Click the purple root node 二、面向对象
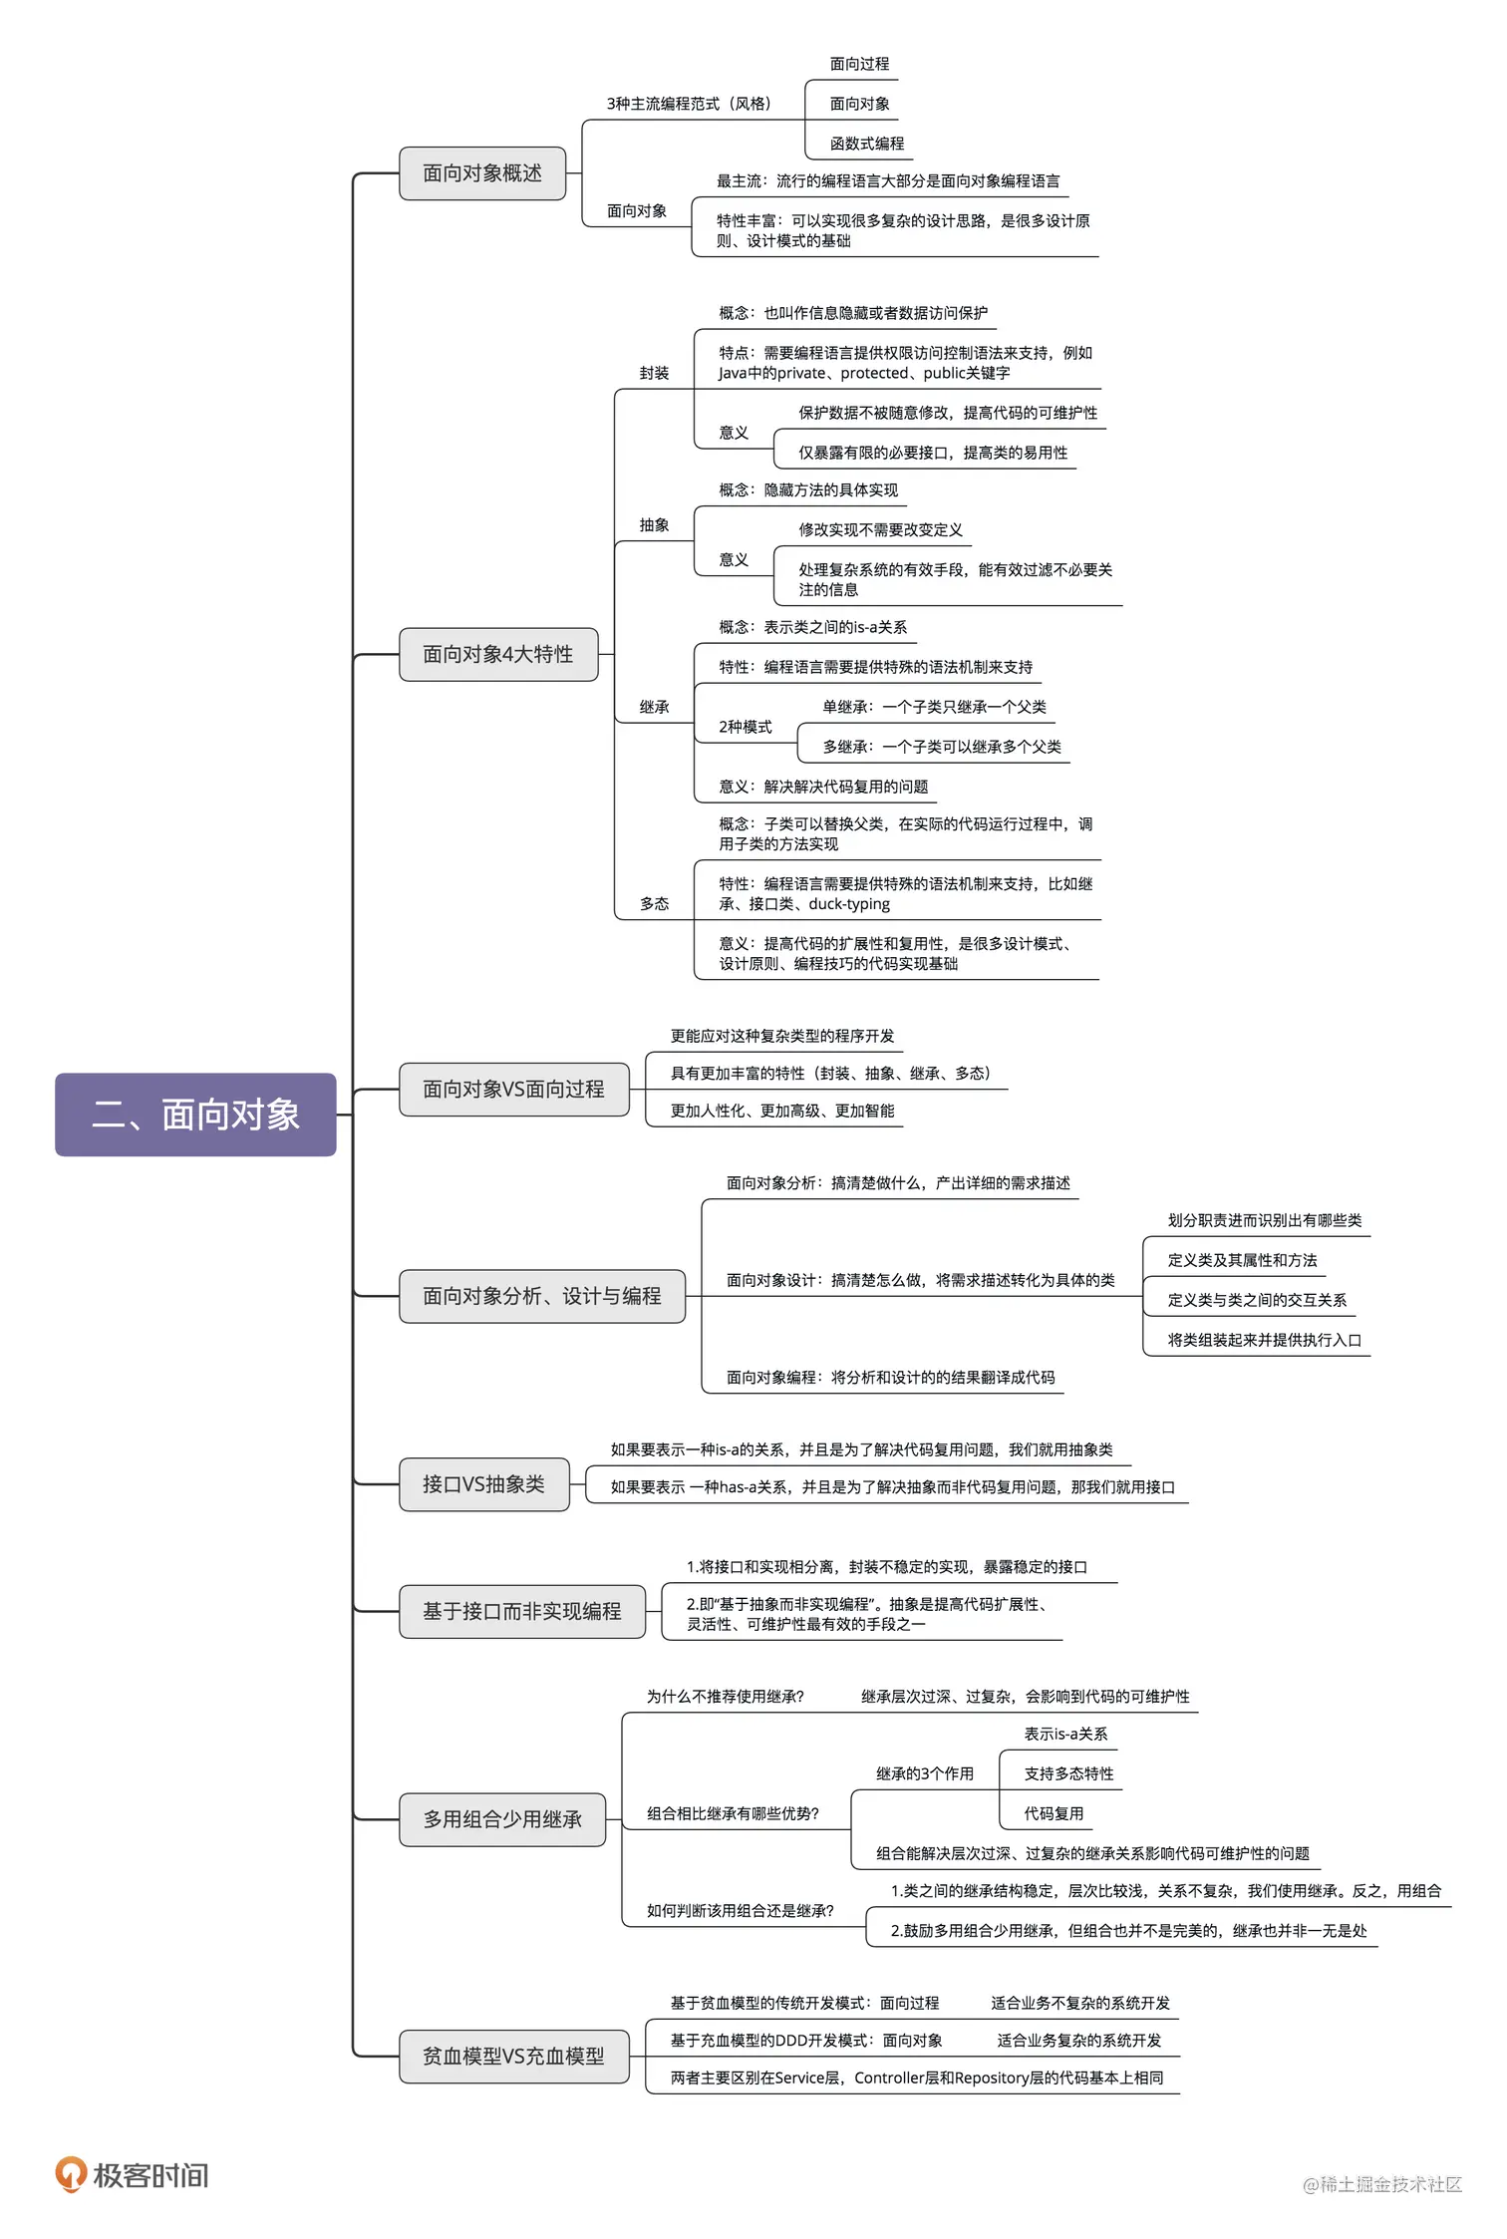click(x=195, y=1115)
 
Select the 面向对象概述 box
click(x=482, y=173)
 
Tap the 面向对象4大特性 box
click(x=498, y=654)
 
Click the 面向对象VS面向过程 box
click(x=513, y=1089)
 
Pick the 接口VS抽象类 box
click(x=483, y=1484)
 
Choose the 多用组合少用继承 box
click(x=502, y=1819)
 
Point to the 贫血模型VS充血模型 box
click(x=513, y=2056)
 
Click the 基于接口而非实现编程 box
click(x=521, y=1611)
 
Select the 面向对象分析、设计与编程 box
click(x=541, y=1296)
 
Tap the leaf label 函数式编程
click(x=867, y=144)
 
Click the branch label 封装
click(x=654, y=373)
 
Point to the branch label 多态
click(x=654, y=903)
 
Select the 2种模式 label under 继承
click(x=745, y=727)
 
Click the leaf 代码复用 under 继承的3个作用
click(x=1054, y=1813)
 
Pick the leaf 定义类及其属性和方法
click(x=1242, y=1260)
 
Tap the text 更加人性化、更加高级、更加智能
click(x=782, y=1111)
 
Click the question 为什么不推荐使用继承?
click(x=725, y=1697)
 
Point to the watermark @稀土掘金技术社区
click(x=1381, y=2184)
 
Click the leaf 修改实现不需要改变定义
click(x=880, y=529)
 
